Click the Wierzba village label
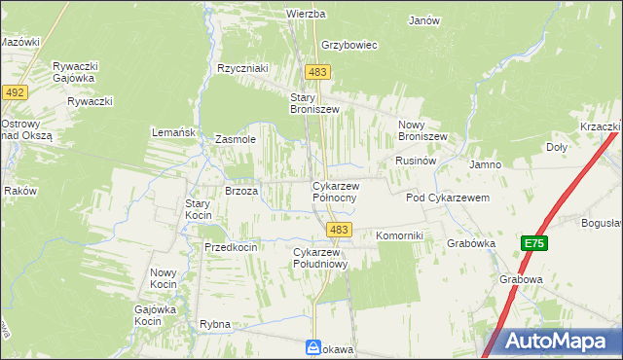pyautogui.click(x=304, y=14)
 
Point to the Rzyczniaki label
pyautogui.click(x=242, y=68)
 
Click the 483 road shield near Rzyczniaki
pyautogui.click(x=317, y=72)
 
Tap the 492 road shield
pyautogui.click(x=15, y=91)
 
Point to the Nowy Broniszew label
pyautogui.click(x=422, y=130)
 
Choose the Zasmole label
pyautogui.click(x=235, y=139)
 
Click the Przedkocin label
pyautogui.click(x=231, y=247)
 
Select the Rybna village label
pyautogui.click(x=214, y=323)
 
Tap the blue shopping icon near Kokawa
pyautogui.click(x=313, y=346)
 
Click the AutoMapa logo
pyautogui.click(x=551, y=342)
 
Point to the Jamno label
pyautogui.click(x=485, y=164)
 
